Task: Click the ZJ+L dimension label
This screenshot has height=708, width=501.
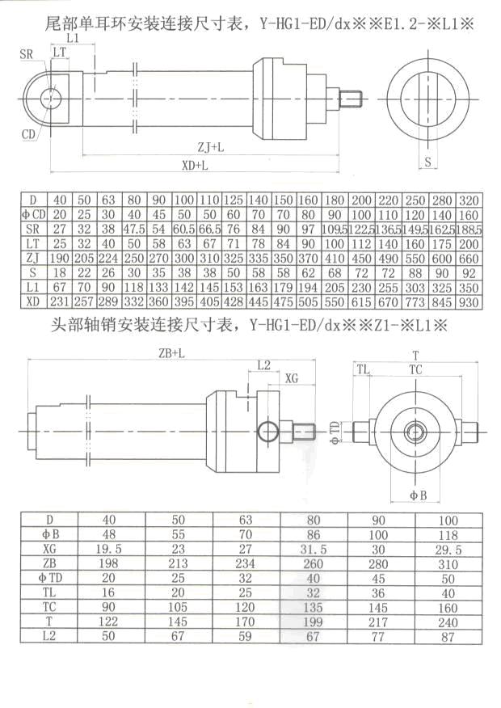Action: click(212, 147)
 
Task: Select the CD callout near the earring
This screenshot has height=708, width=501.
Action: click(30, 133)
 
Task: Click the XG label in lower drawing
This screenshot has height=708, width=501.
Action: click(293, 377)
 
